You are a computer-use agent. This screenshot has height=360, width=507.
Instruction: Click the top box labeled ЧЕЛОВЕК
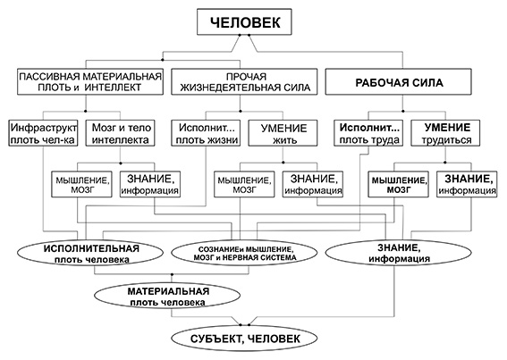(x=244, y=21)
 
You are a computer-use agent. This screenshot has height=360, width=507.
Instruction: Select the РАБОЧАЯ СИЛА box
(x=398, y=82)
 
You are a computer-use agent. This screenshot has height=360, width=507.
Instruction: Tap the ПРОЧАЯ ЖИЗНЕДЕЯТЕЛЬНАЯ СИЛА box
(x=244, y=82)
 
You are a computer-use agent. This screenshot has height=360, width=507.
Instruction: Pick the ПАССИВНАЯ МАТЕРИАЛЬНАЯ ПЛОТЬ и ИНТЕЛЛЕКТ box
(x=90, y=82)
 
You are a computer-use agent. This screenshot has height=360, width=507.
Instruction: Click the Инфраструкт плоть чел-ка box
(x=43, y=133)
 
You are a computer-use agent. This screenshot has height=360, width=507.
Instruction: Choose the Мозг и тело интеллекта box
(x=121, y=133)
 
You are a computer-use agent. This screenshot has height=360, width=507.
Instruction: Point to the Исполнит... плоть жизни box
(x=206, y=133)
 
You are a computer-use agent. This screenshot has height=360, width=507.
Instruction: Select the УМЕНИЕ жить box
(x=283, y=133)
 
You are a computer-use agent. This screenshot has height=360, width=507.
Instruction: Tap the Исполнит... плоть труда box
(x=368, y=133)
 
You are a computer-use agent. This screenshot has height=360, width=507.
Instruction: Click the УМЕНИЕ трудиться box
(x=445, y=133)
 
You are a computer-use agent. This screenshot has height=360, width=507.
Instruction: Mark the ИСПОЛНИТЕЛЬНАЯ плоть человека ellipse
(x=90, y=254)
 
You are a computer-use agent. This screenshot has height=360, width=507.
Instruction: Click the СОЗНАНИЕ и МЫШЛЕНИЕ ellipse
(x=244, y=254)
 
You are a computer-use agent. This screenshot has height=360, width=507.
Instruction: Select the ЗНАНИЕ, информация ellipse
(x=398, y=254)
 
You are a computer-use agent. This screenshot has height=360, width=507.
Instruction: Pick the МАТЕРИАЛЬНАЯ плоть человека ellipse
(x=167, y=296)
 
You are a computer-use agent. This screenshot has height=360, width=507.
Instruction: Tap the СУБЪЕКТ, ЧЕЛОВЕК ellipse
(x=244, y=339)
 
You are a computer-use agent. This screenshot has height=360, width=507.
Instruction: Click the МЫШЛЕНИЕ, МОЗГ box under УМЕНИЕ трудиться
(x=399, y=184)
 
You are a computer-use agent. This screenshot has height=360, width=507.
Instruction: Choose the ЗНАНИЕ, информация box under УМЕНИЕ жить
(x=313, y=184)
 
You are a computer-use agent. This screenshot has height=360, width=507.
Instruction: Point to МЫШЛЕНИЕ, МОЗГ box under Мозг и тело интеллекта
(x=81, y=184)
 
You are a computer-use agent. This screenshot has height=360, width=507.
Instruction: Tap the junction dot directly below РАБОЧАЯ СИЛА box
(x=403, y=111)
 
